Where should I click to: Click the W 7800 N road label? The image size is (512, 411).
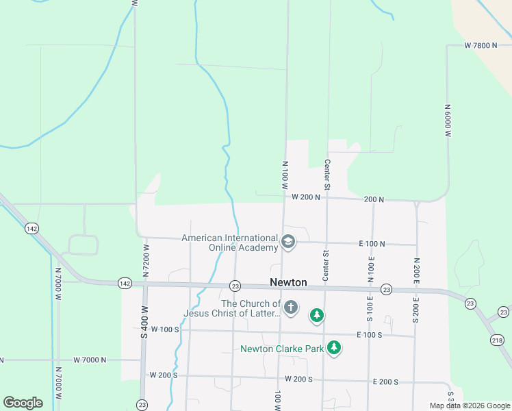480,46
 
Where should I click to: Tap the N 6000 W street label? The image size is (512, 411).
448,121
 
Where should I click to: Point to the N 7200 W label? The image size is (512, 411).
146,261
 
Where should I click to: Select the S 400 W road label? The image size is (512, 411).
144,320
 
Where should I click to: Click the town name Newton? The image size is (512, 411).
287,282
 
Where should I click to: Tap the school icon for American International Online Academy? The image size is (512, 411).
288,242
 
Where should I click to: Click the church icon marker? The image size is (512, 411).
291,308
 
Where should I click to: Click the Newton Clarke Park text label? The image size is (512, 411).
281,349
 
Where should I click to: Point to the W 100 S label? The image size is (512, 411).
164,329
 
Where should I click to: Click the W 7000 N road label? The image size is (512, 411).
90,360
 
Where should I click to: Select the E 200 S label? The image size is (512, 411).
385,382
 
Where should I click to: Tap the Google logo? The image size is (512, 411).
23,403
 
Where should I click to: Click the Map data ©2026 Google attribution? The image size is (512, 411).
470,406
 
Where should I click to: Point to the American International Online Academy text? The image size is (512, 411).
229,242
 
